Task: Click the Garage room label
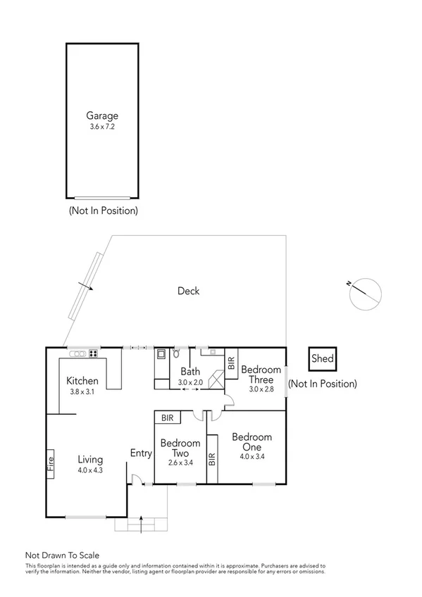(102, 116)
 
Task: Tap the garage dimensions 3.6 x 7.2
(102, 127)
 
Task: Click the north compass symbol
(366, 293)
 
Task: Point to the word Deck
(188, 291)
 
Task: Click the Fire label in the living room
(51, 464)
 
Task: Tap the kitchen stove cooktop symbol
(92, 393)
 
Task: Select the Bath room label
(190, 372)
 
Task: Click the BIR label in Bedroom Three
(231, 363)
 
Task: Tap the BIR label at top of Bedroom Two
(168, 417)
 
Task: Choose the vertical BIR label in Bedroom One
(211, 460)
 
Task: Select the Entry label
(141, 453)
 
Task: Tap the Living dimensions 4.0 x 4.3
(90, 470)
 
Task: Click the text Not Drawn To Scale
(63, 555)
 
